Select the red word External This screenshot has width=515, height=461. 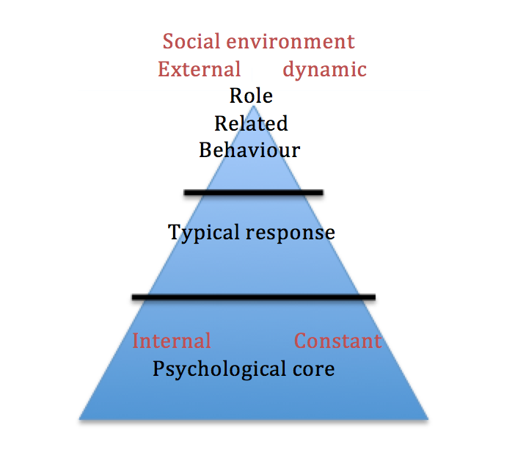pos(200,70)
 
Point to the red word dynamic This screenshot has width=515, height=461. pos(324,70)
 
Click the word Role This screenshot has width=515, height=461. pos(251,96)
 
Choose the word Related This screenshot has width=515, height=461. pos(251,123)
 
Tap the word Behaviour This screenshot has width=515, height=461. pos(249,150)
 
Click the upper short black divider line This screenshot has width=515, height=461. pos(253,193)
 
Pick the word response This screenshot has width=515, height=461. pos(291,233)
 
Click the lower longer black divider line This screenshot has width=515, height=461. pos(253,297)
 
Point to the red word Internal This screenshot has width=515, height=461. pos(172,341)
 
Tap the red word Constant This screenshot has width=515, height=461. pos(337,341)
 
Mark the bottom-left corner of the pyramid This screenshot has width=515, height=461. pos(80,418)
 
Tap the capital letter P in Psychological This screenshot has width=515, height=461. pos(158,368)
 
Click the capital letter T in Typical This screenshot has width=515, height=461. pos(175,233)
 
